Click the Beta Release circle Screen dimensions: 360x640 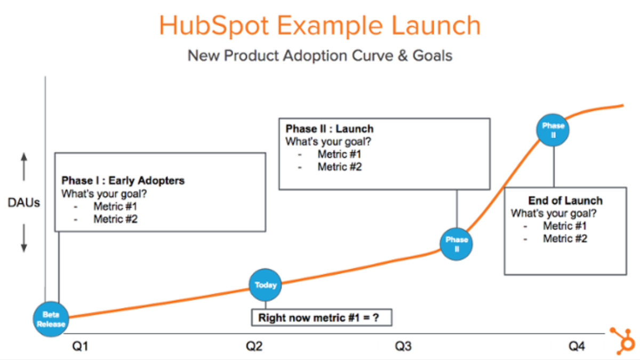[x=51, y=319]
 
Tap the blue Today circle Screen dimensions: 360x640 [x=266, y=285]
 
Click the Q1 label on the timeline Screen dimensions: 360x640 [x=81, y=347]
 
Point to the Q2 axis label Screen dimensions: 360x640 [x=254, y=347]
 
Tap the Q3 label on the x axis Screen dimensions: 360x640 [x=403, y=347]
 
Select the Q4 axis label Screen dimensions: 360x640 [x=577, y=347]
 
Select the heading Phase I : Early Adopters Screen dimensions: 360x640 [x=123, y=180]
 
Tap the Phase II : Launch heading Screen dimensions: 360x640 [x=330, y=129]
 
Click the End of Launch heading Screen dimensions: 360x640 [x=565, y=201]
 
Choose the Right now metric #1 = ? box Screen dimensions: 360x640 [x=322, y=318]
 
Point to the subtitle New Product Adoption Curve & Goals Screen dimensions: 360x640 [x=320, y=55]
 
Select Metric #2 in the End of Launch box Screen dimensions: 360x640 [x=565, y=238]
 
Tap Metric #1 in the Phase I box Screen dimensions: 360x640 [x=116, y=206]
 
